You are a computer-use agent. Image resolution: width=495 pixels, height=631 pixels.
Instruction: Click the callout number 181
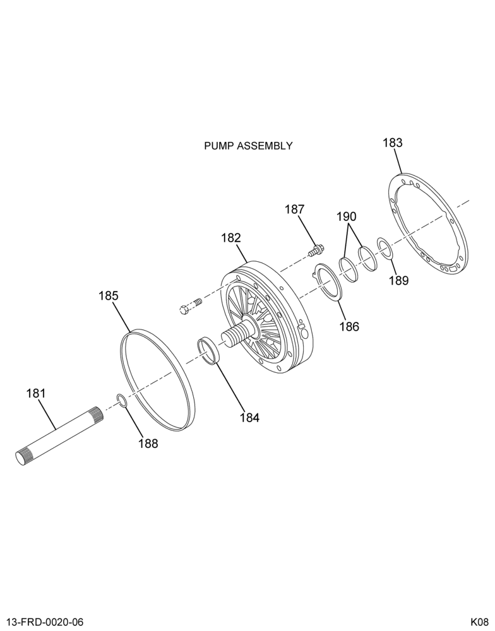pos(36,393)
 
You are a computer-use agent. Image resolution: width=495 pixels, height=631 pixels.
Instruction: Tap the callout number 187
pos(295,209)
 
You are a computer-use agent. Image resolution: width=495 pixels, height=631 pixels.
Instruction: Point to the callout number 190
pos(347,216)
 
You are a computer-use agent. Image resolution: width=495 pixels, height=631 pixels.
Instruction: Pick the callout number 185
pos(109,296)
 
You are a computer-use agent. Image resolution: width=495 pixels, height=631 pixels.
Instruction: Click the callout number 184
pos(250,418)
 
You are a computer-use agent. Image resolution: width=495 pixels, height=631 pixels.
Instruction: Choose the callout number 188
pos(148,444)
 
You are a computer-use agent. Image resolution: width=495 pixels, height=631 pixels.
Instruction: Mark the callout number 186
pos(349,326)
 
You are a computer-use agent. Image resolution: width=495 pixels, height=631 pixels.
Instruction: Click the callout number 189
pos(399,280)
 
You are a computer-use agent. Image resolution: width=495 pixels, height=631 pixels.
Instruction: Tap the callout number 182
pos(231,237)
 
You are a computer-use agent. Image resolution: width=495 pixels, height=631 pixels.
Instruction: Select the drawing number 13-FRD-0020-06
pos(45,622)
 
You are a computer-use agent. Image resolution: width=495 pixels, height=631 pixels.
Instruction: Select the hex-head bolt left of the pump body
pos(189,305)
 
